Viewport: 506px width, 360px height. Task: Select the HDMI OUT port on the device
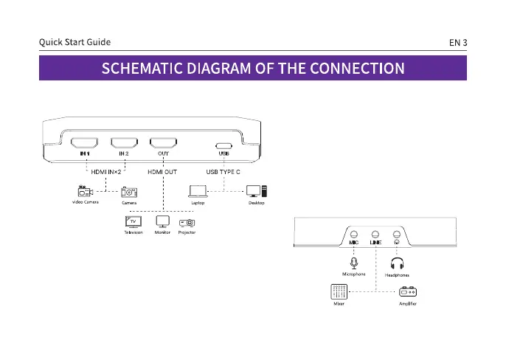tap(164, 144)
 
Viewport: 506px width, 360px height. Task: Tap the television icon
tap(134, 221)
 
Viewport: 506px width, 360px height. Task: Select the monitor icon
tap(163, 221)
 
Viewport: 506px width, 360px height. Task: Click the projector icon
tap(187, 222)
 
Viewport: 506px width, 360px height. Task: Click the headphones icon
tap(397, 263)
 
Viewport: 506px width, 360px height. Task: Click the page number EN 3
tap(458, 43)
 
